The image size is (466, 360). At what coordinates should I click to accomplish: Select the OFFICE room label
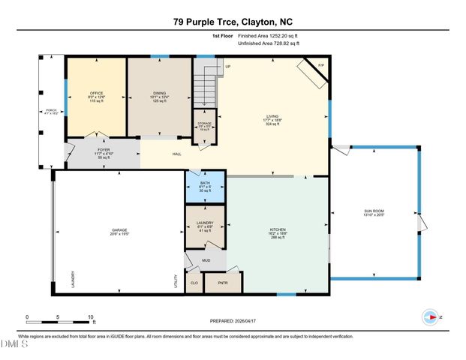(95, 94)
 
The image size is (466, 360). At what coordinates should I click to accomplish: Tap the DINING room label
(159, 94)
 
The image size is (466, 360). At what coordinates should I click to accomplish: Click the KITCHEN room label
(278, 229)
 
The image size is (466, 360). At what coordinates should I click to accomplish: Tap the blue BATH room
(205, 187)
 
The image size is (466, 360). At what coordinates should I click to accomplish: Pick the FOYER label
(104, 150)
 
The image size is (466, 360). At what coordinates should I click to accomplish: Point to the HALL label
(177, 154)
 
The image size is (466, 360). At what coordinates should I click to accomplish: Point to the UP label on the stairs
(227, 67)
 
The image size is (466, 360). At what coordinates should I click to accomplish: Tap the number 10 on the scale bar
(90, 317)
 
